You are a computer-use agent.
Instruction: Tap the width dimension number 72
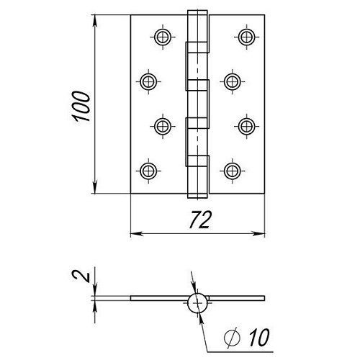[199, 220]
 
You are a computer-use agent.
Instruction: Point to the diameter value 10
[259, 337]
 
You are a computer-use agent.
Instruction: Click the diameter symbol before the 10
[232, 337]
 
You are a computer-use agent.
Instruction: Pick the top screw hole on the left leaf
[163, 37]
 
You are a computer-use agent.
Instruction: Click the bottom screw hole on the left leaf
[148, 171]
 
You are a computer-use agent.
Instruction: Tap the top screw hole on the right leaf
[247, 37]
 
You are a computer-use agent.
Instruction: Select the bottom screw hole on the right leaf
[232, 171]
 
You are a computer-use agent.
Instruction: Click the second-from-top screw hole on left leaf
[148, 81]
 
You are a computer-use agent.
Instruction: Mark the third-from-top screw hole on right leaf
[247, 126]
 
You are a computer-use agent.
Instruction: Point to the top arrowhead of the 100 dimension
[95, 20]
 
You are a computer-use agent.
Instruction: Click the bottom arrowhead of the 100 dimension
[95, 188]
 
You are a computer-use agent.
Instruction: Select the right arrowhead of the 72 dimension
[258, 233]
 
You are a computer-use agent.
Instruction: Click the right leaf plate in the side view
[237, 298]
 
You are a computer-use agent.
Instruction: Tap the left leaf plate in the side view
[159, 298]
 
